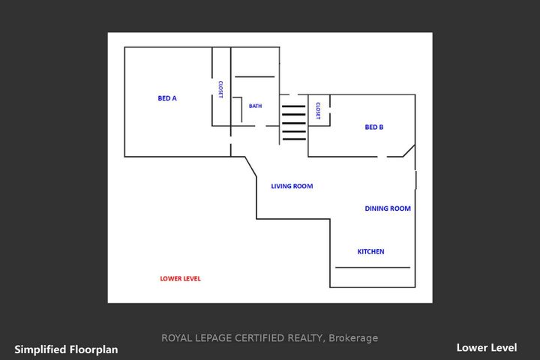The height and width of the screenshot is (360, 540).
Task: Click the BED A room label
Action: point(167,98)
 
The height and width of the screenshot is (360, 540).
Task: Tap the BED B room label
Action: point(374,127)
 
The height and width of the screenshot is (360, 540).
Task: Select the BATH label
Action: point(255,106)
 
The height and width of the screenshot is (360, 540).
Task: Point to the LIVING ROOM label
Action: point(292,186)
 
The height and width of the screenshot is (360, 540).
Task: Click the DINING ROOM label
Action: point(388,208)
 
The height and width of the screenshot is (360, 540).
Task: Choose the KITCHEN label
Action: point(371,251)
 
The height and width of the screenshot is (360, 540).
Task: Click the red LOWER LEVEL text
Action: point(180,278)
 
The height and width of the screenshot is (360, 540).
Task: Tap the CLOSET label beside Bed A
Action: point(220,89)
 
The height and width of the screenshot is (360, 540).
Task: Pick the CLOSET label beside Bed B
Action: point(318,111)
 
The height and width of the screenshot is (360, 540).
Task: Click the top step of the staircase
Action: point(294,106)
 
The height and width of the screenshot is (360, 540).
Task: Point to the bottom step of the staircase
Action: point(294,139)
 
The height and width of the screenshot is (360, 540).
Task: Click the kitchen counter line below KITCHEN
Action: point(373,267)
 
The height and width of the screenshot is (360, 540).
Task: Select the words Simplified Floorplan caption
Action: point(66,349)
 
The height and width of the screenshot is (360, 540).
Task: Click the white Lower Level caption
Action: point(487,347)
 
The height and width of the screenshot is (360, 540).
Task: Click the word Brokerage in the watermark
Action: point(353,338)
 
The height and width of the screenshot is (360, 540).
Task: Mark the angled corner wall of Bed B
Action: point(409,151)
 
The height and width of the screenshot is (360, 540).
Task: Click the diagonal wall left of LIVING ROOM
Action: point(250,167)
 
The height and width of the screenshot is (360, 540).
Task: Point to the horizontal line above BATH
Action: point(255,76)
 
